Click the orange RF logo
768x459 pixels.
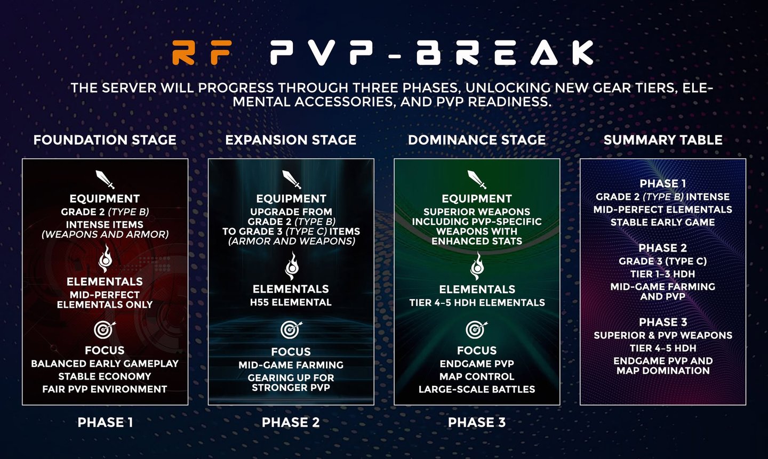point(201,52)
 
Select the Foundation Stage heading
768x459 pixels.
point(105,140)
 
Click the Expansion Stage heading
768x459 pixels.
point(291,140)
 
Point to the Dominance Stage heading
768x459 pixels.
point(477,140)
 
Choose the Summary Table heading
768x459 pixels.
point(663,140)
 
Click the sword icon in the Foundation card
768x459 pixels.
point(105,180)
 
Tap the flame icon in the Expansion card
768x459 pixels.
point(292,266)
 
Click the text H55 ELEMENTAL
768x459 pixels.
point(291,302)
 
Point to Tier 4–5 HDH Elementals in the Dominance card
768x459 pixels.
point(477,303)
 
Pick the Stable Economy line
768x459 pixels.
point(105,376)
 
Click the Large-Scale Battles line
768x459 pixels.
point(477,389)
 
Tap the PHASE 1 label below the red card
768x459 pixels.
point(105,422)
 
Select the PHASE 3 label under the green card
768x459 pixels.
point(477,422)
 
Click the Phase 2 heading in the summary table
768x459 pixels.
point(663,248)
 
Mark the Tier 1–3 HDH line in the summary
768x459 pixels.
point(663,274)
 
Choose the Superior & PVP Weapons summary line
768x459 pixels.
point(663,335)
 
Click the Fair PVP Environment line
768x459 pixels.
point(105,389)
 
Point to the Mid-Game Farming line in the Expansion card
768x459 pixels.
point(291,365)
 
